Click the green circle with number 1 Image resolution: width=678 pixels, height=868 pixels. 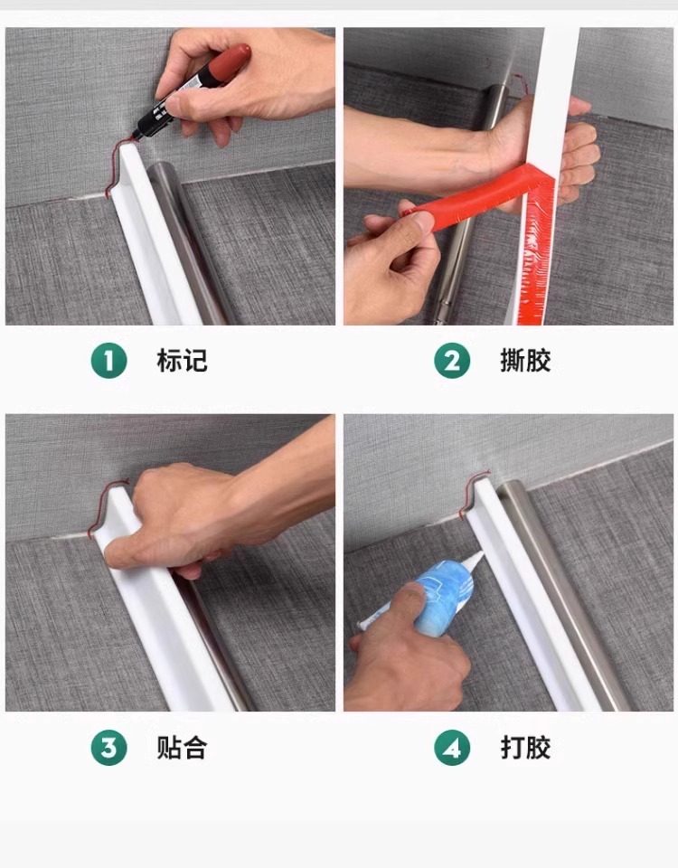point(109,361)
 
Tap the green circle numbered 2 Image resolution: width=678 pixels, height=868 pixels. point(452,361)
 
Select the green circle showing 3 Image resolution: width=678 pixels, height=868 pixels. point(109,748)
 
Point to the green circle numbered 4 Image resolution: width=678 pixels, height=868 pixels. point(452,748)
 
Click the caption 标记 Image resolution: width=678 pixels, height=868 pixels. point(182,361)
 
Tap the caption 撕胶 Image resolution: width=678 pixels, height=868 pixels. point(525,361)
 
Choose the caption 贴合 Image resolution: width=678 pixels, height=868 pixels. point(182,748)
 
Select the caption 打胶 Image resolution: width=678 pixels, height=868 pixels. point(525,748)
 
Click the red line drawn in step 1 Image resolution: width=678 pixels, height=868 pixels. point(117,166)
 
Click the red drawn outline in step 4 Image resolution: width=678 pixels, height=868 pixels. point(472,493)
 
